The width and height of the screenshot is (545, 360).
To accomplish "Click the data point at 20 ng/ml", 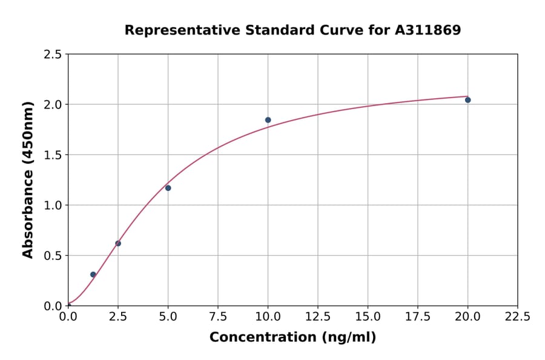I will pyautogui.click(x=467, y=100).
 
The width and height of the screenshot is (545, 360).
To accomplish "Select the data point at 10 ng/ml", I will pyautogui.click(x=268, y=120).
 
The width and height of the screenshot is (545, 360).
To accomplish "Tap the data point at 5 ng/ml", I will pyautogui.click(x=168, y=188).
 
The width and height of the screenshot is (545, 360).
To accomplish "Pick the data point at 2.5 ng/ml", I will pyautogui.click(x=118, y=244).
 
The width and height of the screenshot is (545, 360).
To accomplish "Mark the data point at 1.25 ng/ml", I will pyautogui.click(x=93, y=275).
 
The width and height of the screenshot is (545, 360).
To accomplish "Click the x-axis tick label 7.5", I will pyautogui.click(x=218, y=317).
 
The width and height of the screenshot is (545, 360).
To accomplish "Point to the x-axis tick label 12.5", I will pyautogui.click(x=318, y=317).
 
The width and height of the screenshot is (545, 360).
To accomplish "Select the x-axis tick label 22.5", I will pyautogui.click(x=517, y=317).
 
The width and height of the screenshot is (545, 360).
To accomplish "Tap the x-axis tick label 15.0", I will pyautogui.click(x=368, y=317).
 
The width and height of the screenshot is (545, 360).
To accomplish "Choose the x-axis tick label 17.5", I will pyautogui.click(x=417, y=317).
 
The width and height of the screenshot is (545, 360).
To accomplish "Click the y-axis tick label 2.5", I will pyautogui.click(x=53, y=55).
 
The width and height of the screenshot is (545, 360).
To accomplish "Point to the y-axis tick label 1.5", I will pyautogui.click(x=53, y=155).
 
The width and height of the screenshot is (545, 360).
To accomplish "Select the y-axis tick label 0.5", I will pyautogui.click(x=53, y=256).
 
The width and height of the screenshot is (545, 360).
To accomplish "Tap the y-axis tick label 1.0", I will pyautogui.click(x=53, y=205).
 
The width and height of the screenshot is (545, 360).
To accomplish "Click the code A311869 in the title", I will pyautogui.click(x=428, y=30).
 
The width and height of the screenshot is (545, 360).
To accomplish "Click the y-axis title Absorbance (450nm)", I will pyautogui.click(x=28, y=179).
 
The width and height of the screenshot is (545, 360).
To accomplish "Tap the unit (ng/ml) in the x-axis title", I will pyautogui.click(x=348, y=338).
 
